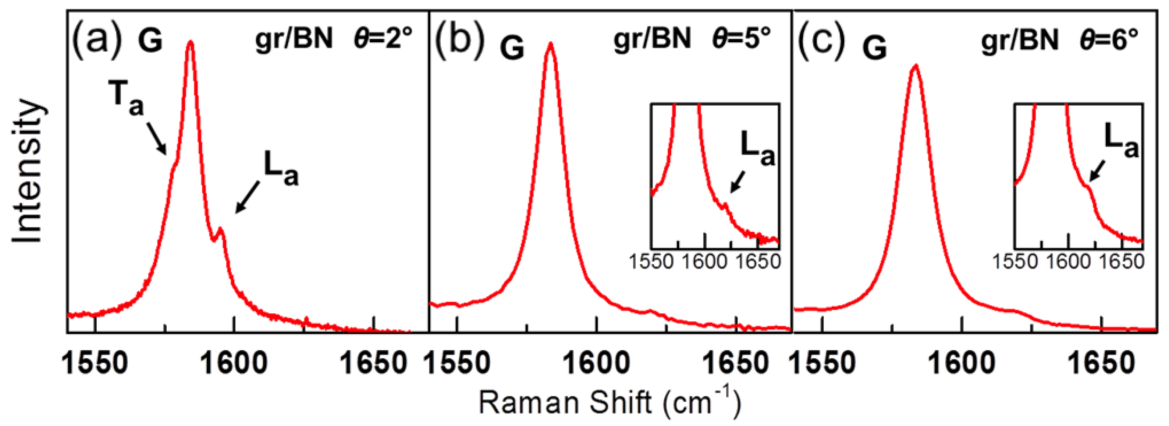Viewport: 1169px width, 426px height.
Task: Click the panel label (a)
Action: (x=97, y=39)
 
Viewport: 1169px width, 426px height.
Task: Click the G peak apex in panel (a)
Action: (x=191, y=42)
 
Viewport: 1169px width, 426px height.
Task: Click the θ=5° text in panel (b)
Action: (x=741, y=39)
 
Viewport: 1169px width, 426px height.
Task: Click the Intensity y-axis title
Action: (x=28, y=173)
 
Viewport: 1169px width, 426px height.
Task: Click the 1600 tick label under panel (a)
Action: (x=234, y=363)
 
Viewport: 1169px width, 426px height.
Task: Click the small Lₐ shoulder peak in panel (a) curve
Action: (x=221, y=229)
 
